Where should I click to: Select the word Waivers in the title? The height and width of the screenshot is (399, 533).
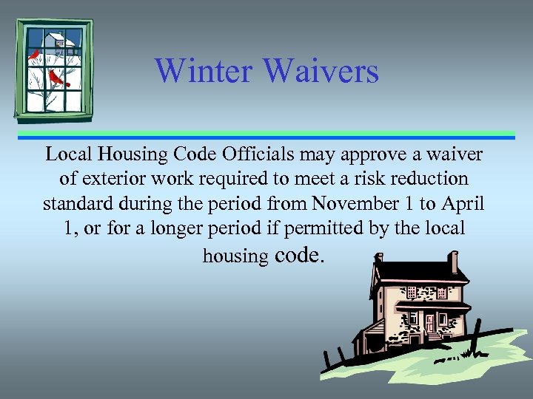coord(321,72)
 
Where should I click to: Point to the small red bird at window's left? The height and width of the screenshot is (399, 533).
coord(33,55)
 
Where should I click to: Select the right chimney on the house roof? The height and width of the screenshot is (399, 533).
coord(454,262)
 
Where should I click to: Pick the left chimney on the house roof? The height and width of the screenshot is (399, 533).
coord(378,259)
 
